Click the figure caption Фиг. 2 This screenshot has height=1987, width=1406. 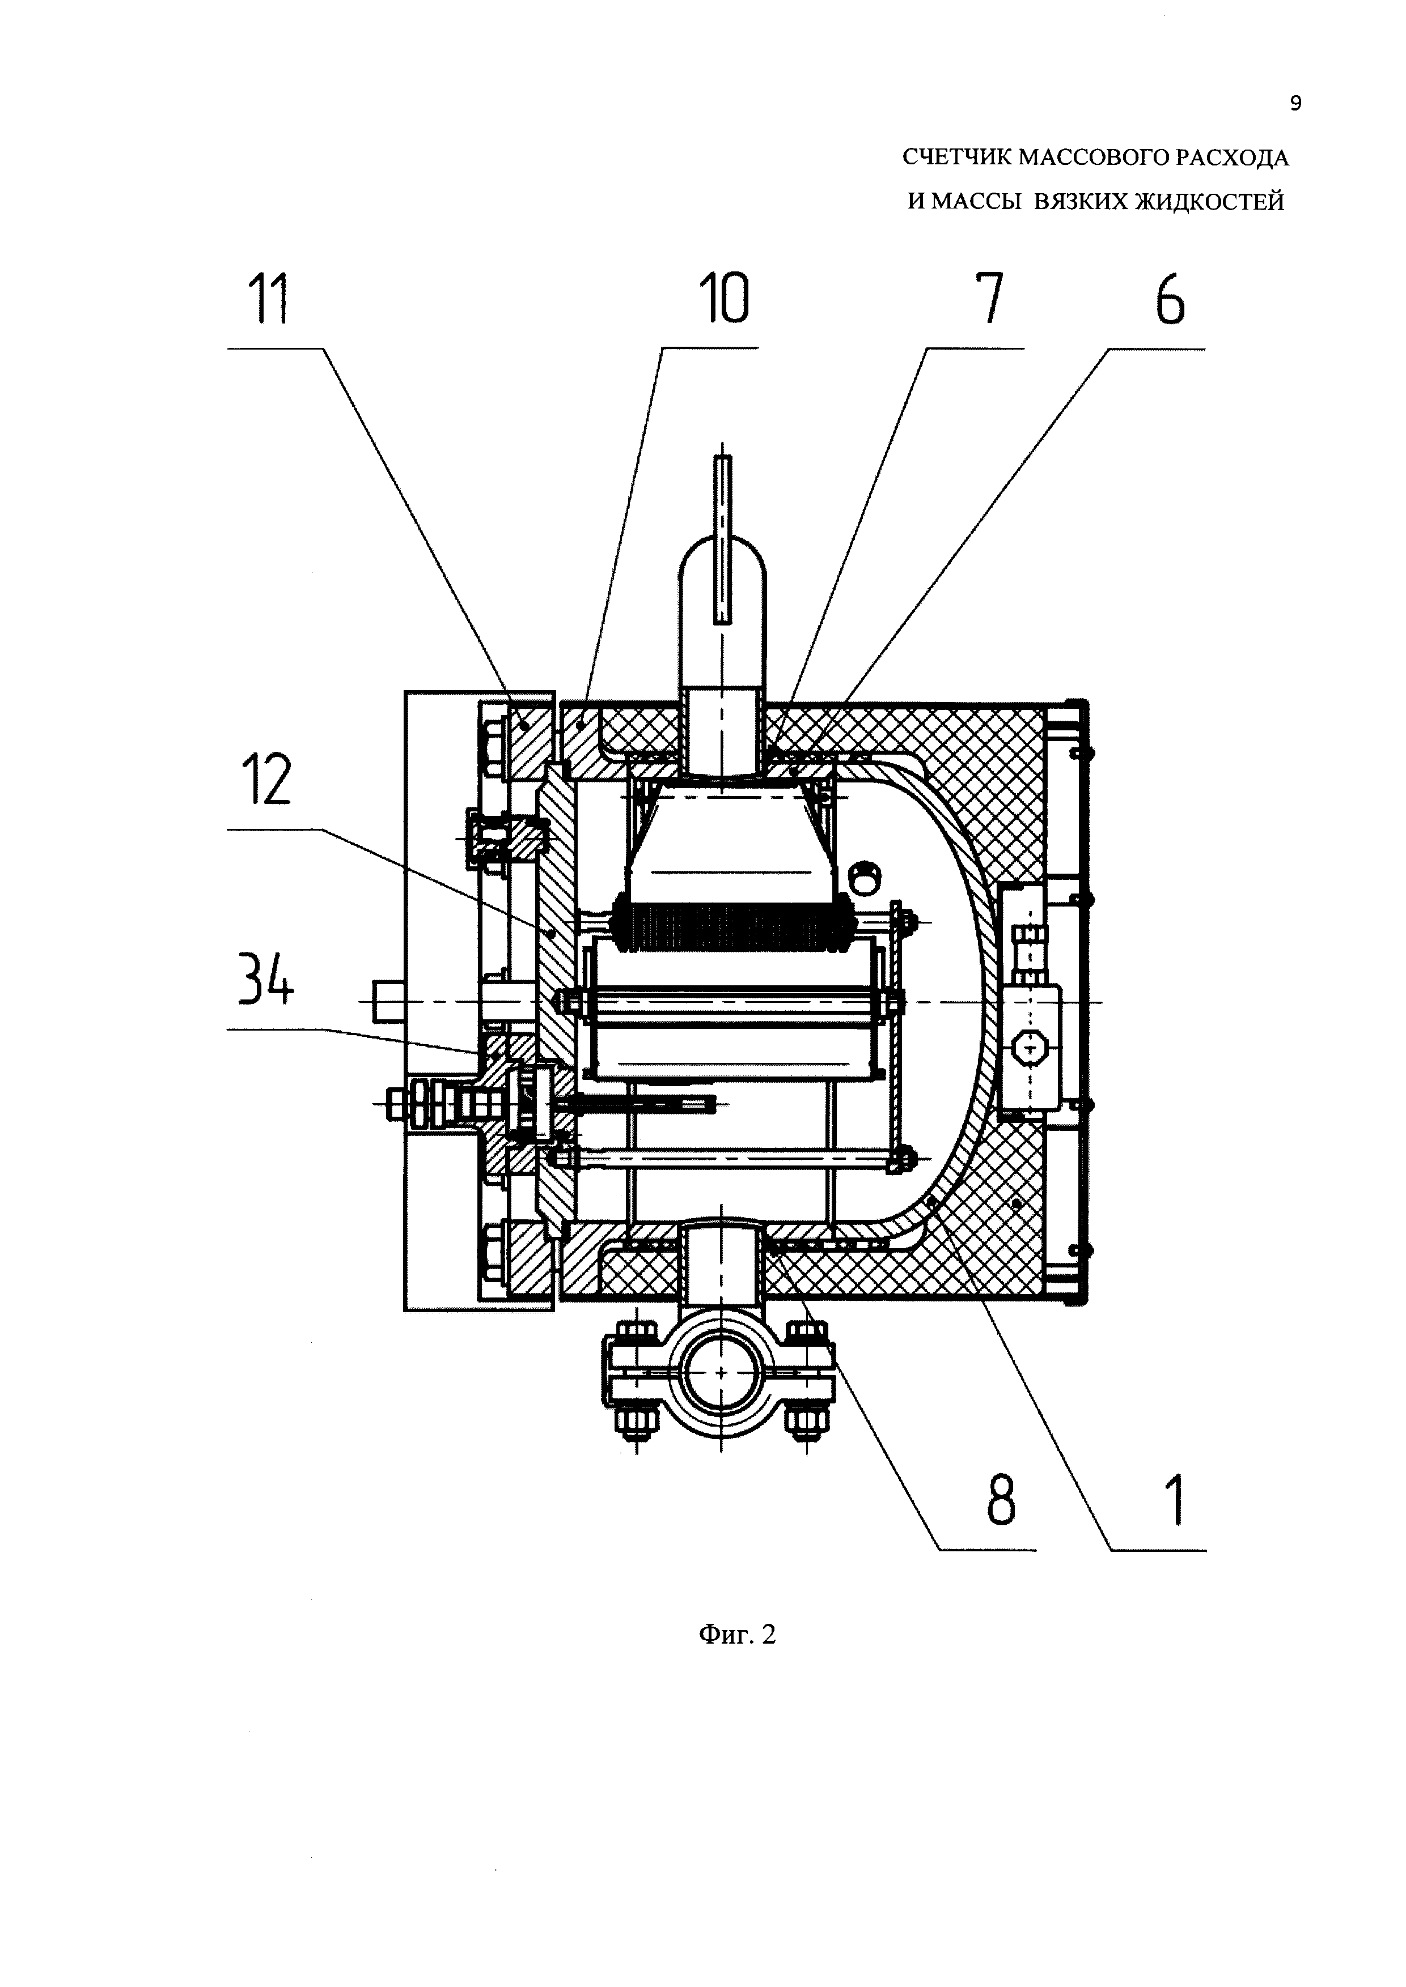737,1633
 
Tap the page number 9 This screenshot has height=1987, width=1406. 1295,104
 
